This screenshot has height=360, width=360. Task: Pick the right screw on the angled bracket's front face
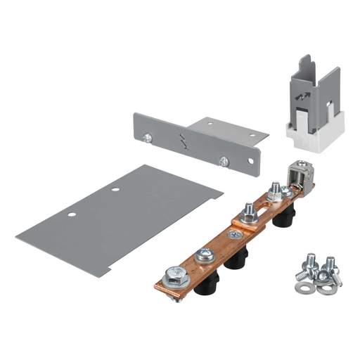[x=224, y=161]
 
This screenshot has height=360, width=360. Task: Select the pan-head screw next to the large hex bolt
[x=205, y=253]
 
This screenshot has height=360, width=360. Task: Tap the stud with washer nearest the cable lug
[x=275, y=191]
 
